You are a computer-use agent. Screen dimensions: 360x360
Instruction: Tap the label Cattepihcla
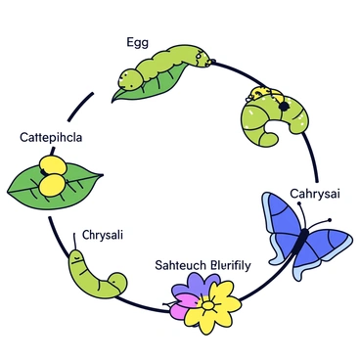[51, 137]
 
